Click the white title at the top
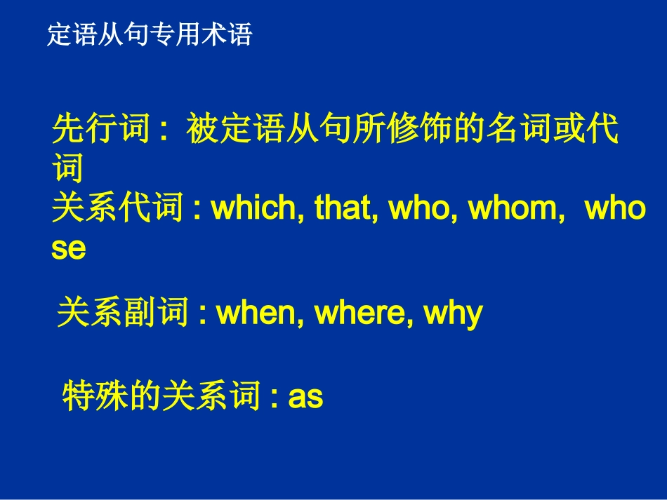[150, 34]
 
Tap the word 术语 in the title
[227, 34]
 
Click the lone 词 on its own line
[68, 169]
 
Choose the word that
[344, 209]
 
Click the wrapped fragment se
[68, 249]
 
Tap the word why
[454, 313]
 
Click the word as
[305, 397]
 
